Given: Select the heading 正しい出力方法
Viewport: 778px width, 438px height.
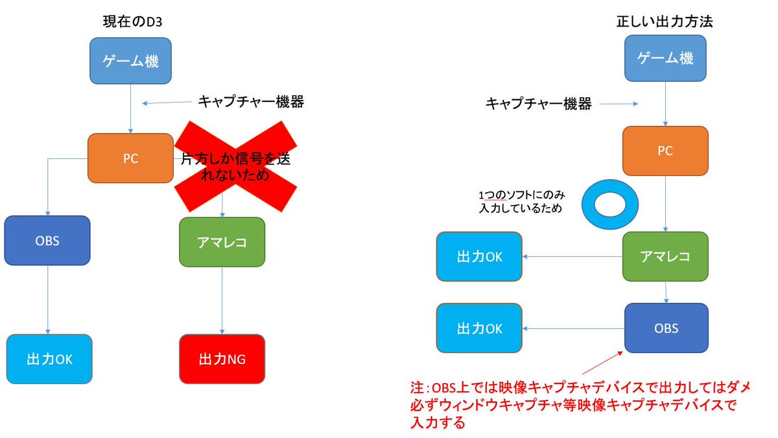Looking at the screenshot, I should pyautogui.click(x=665, y=21).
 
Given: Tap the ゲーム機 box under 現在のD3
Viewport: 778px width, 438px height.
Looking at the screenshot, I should pyautogui.click(x=131, y=62).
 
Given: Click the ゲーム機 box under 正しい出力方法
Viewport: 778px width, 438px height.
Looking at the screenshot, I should pyautogui.click(x=665, y=58).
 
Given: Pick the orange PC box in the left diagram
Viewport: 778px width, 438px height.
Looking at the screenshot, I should pyautogui.click(x=131, y=158).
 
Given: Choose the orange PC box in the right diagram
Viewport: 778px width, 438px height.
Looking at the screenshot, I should pyautogui.click(x=665, y=151).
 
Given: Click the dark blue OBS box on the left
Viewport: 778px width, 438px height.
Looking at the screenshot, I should pyautogui.click(x=47, y=240).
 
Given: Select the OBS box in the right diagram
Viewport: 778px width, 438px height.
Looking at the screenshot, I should pyautogui.click(x=666, y=328).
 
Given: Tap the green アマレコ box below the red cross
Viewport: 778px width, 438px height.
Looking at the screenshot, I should pyautogui.click(x=222, y=241).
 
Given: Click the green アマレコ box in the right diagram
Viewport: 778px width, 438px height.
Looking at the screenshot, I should pyautogui.click(x=665, y=256).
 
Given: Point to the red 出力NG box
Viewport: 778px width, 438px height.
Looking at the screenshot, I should pyautogui.click(x=222, y=359).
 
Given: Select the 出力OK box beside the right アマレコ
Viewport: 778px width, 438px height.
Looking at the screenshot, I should pyautogui.click(x=479, y=256).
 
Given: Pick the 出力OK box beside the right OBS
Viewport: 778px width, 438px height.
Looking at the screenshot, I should pyautogui.click(x=479, y=328).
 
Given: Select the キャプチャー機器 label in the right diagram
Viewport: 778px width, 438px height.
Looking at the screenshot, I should pyautogui.click(x=539, y=103).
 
